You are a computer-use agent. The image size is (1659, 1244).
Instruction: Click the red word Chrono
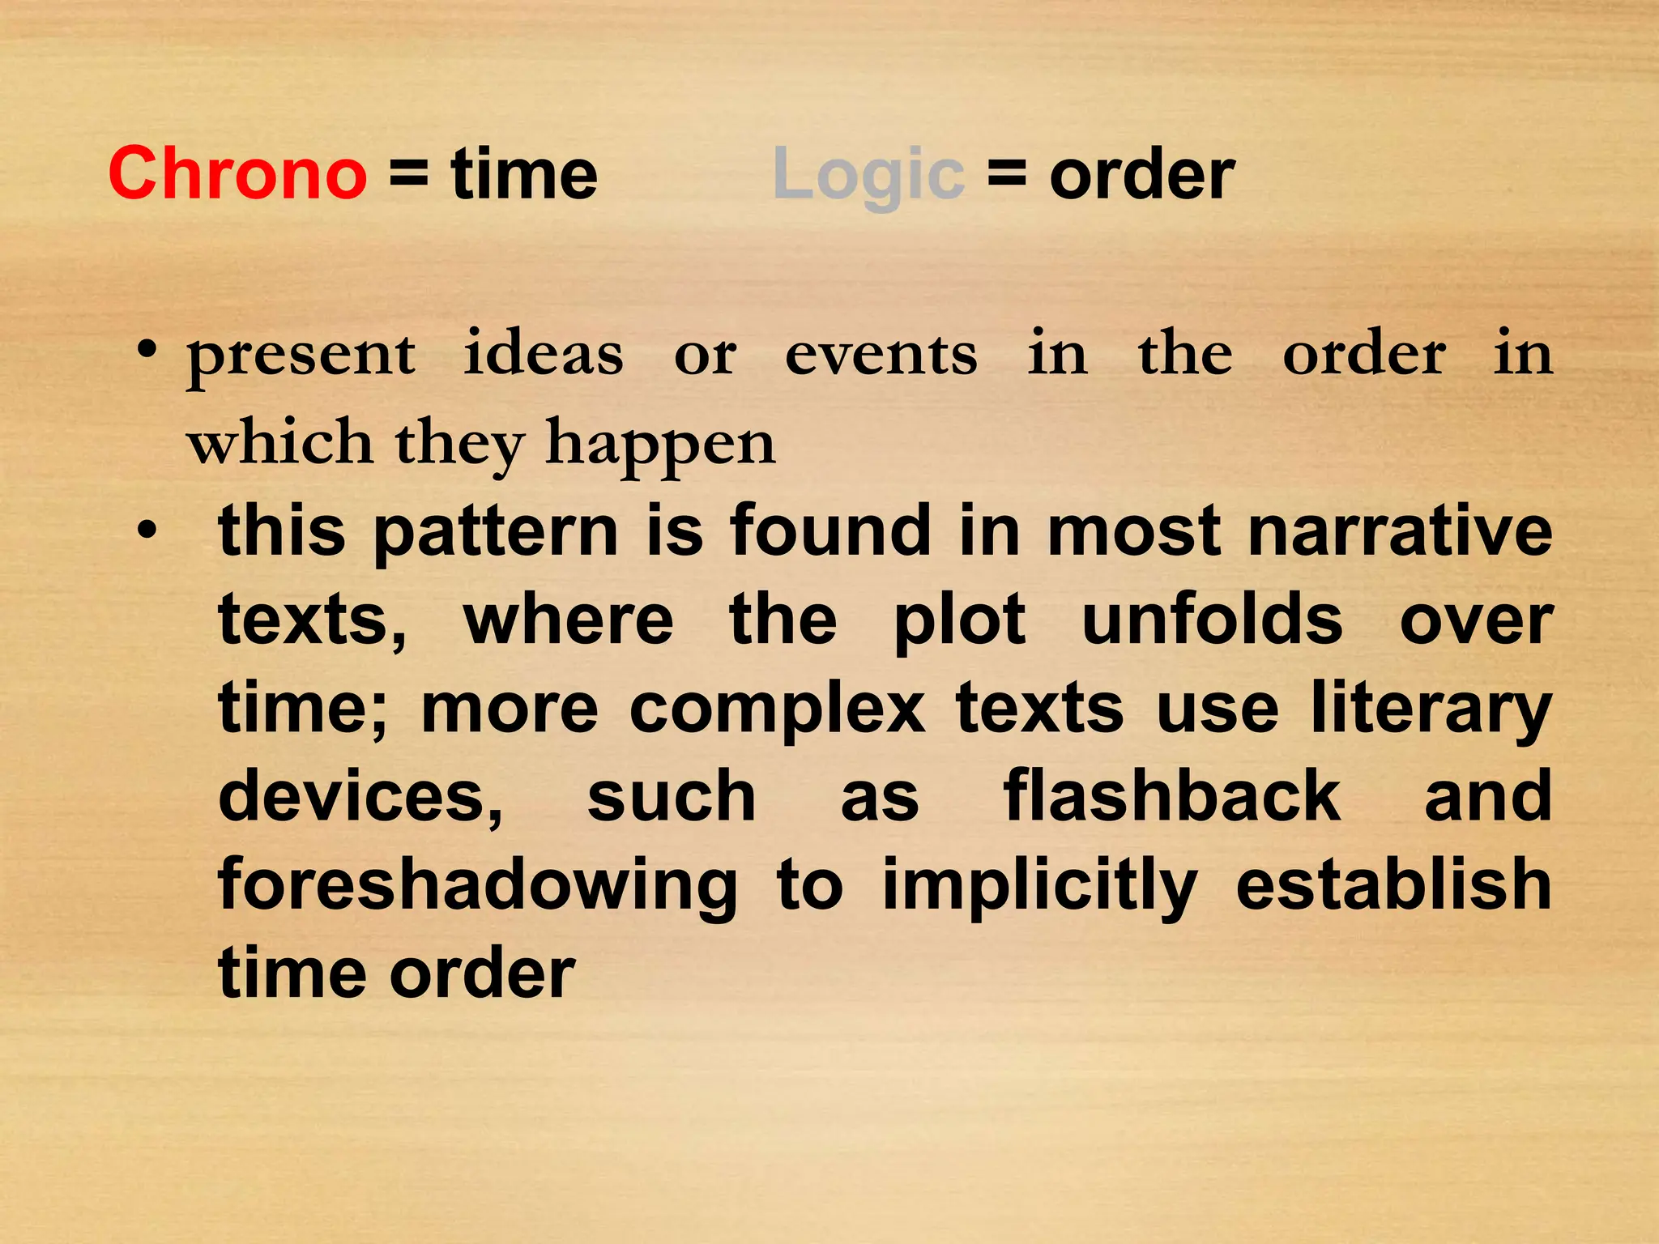click(237, 174)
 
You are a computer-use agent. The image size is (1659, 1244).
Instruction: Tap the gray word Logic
click(868, 174)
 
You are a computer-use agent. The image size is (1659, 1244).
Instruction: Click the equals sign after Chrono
click(409, 174)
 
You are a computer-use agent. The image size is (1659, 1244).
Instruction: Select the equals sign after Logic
click(1007, 174)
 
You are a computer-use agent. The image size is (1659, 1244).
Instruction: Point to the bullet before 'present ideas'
click(147, 351)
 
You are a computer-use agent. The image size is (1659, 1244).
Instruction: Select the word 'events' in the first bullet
click(881, 355)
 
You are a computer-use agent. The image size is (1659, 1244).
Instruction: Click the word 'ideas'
click(544, 355)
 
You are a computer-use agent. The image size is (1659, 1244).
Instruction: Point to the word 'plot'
click(960, 620)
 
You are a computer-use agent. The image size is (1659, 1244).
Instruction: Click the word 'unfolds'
click(1213, 620)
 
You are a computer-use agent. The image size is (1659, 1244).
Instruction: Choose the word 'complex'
click(777, 709)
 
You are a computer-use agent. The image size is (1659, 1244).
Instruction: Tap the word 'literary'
click(1431, 709)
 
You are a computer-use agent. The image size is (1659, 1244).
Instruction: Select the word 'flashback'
click(1171, 797)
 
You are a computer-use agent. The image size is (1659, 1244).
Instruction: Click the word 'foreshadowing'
click(478, 886)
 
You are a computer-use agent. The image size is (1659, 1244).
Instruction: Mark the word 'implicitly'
click(1039, 886)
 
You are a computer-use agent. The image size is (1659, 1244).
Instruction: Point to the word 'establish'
click(1393, 884)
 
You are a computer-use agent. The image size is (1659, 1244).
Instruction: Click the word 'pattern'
click(496, 533)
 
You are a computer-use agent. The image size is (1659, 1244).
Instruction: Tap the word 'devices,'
click(360, 797)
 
